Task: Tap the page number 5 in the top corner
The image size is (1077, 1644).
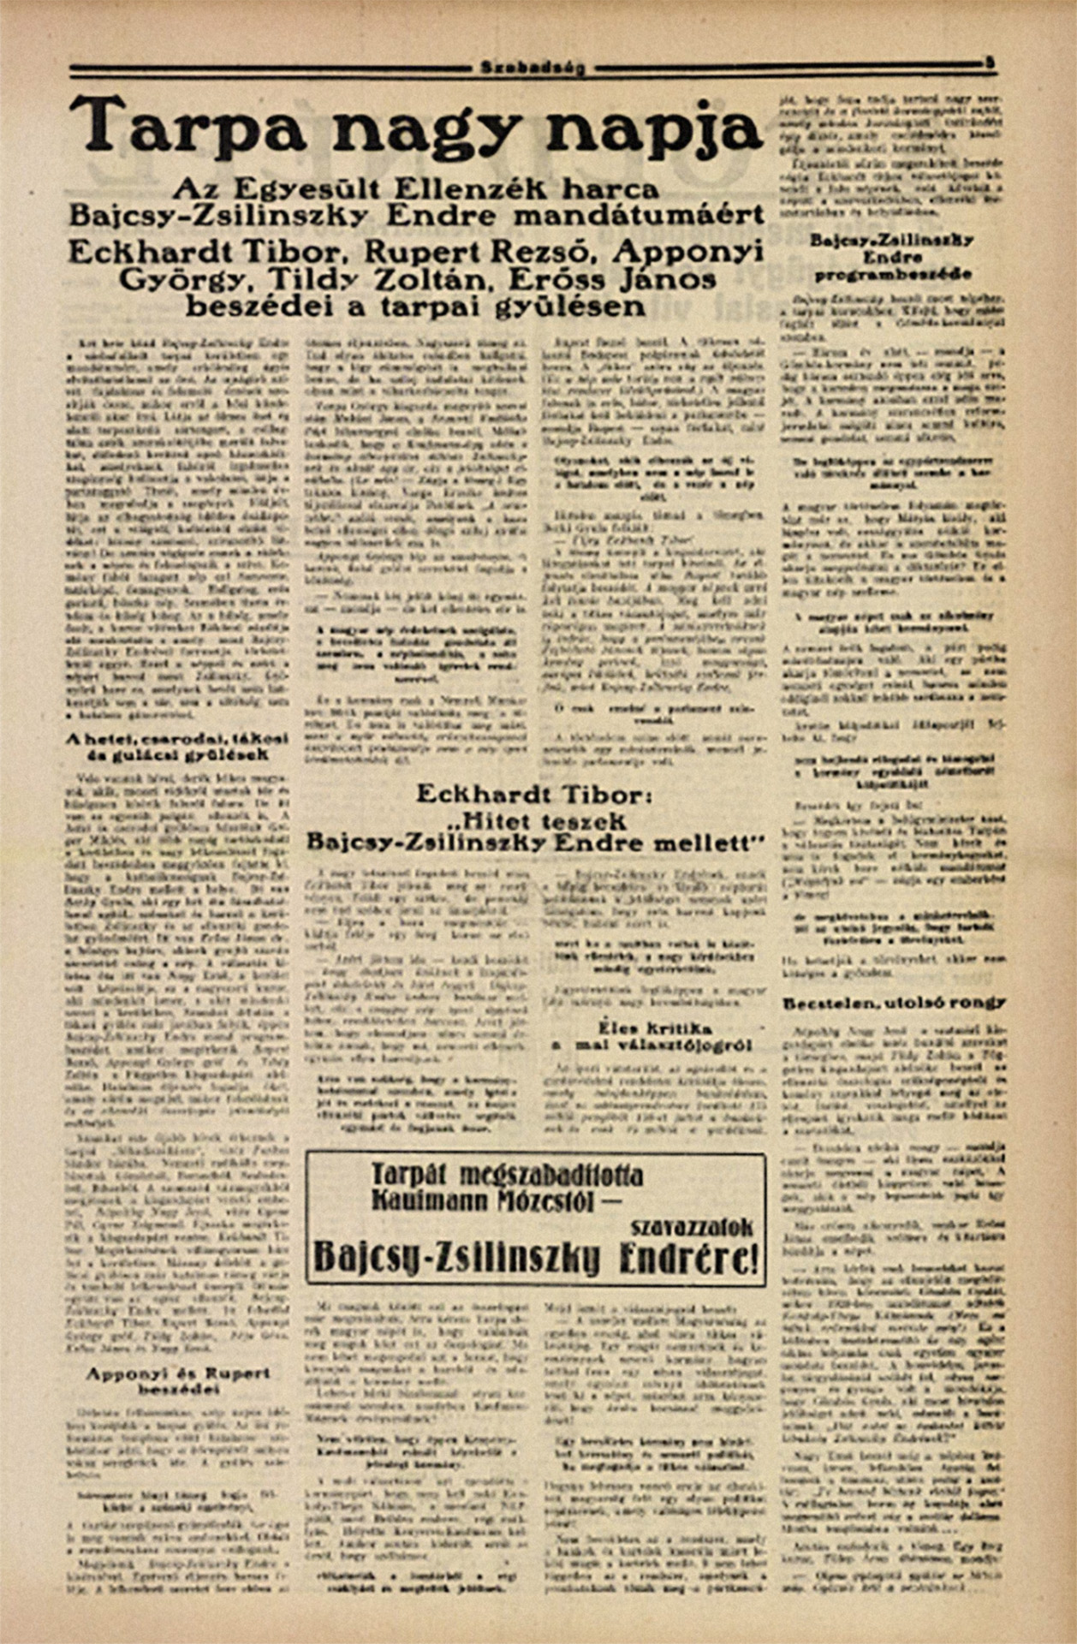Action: click(989, 63)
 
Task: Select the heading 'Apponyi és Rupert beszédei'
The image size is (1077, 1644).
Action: click(179, 1379)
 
